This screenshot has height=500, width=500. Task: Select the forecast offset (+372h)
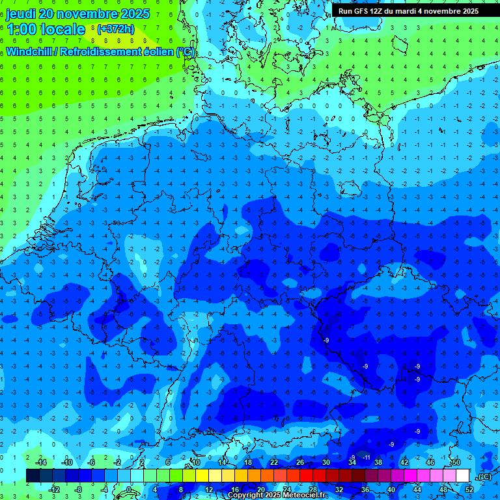[x=115, y=29]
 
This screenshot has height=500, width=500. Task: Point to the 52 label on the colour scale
[x=469, y=490]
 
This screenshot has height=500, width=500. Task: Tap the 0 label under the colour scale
[x=129, y=490]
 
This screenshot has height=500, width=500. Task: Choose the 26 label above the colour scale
[x=299, y=462]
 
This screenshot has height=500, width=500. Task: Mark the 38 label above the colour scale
[x=378, y=462]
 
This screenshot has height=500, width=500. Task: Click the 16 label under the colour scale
[x=234, y=490]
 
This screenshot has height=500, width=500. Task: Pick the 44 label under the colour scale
[x=417, y=490]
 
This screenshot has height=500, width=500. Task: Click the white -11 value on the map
[x=367, y=458]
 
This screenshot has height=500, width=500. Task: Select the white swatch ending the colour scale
[x=462, y=476]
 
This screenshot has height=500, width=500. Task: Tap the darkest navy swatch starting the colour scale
[x=33, y=476]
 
